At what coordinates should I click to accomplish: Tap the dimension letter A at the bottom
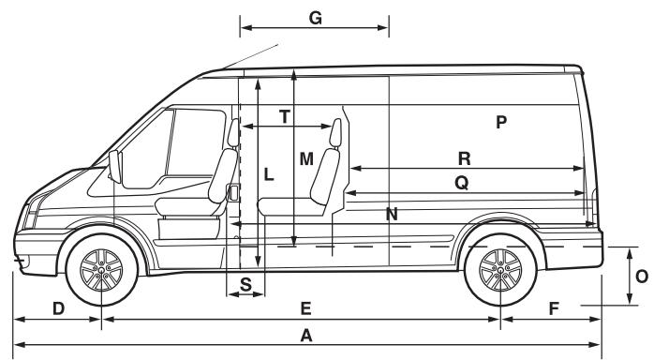click(305, 336)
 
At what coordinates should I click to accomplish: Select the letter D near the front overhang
click(57, 307)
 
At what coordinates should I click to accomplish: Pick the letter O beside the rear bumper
click(640, 277)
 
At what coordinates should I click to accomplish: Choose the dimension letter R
click(463, 157)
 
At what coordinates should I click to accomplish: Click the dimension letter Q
click(461, 184)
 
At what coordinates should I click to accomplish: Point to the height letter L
click(268, 174)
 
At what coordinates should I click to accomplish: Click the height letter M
click(306, 159)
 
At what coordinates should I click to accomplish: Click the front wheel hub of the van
click(101, 272)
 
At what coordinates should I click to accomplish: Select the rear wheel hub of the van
click(500, 272)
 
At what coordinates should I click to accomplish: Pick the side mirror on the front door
click(116, 169)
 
